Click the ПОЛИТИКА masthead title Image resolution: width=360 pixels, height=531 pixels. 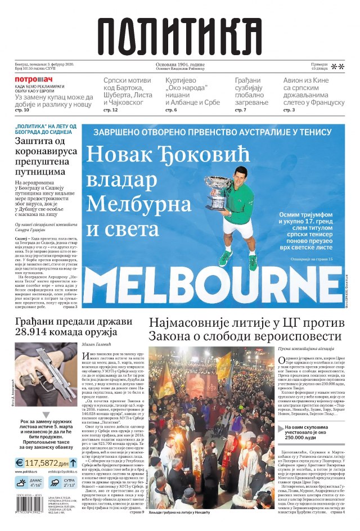[x=180, y=34]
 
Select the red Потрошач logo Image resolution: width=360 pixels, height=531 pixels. [x=34, y=79]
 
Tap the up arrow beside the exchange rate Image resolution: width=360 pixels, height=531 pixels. [x=73, y=462]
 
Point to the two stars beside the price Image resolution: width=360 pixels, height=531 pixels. [x=337, y=67]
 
